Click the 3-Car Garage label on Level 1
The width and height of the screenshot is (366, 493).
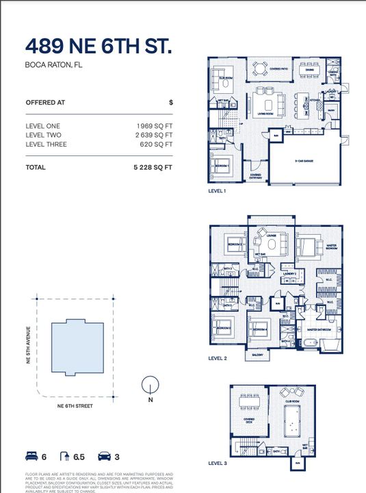click(x=303, y=162)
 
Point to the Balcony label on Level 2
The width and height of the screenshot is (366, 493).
click(x=257, y=355)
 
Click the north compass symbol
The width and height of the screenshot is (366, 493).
click(x=150, y=385)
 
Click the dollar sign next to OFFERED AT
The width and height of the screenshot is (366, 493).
click(x=170, y=102)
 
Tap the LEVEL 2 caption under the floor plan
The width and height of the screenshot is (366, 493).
click(x=218, y=358)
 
